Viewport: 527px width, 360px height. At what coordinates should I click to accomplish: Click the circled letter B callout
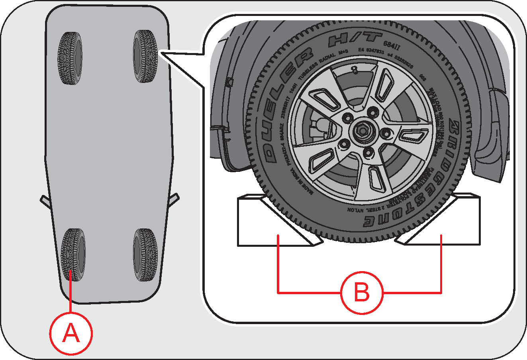(x=362, y=293)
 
